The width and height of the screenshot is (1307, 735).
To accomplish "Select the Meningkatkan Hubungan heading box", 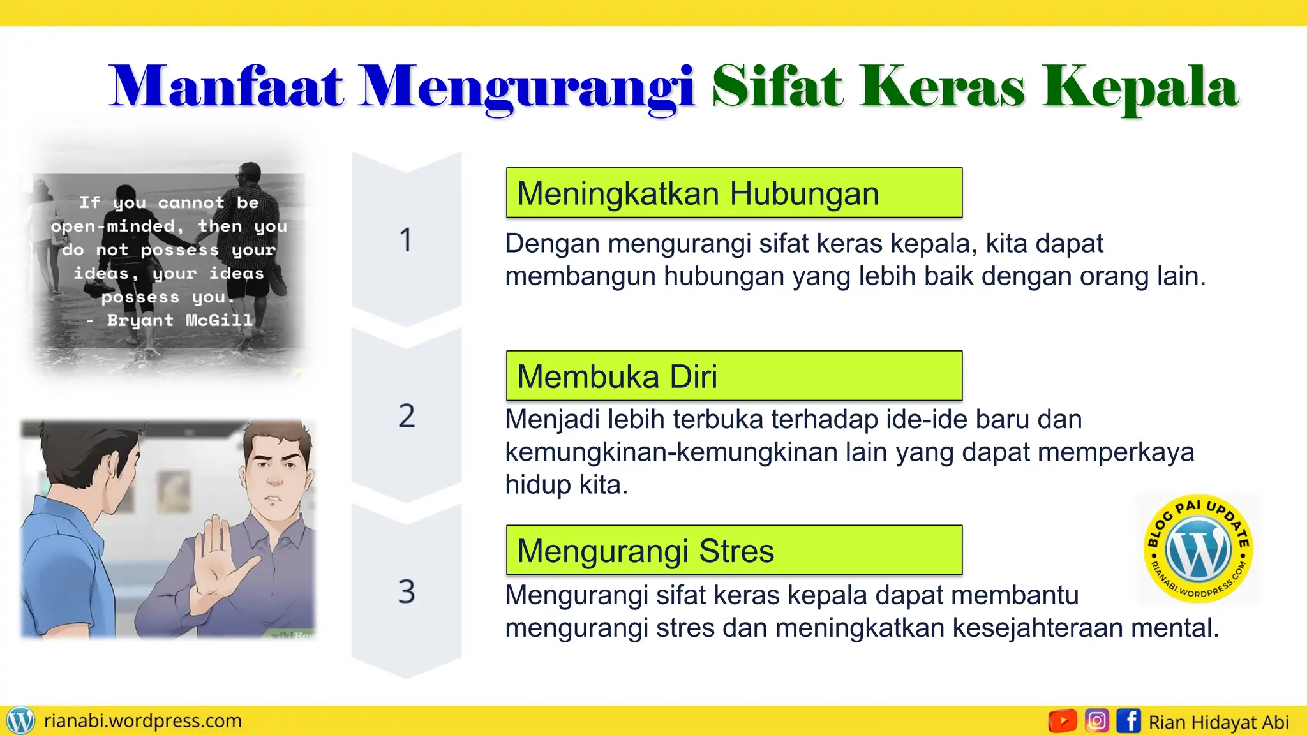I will pos(733,193).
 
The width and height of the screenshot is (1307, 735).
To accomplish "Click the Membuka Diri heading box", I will pos(733,376).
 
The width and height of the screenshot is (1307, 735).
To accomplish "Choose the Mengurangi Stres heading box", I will pos(733,551).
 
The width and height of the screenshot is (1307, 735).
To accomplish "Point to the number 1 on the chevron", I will pos(406,241).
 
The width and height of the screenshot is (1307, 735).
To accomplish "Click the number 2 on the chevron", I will pos(407,416).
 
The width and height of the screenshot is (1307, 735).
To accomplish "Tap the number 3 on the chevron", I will pos(407,591).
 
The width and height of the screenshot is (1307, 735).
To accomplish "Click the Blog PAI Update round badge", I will pos(1198,549).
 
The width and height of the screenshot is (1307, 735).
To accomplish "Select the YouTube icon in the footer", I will pos(1063,721).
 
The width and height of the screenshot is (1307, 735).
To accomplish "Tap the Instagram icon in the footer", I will pos(1096,721).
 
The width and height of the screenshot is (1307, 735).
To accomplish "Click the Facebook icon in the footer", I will pos(1129,721).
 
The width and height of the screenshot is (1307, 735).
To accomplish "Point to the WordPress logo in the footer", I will pos(20,721).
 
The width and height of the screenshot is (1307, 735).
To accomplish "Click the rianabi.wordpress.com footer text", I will pos(143,721).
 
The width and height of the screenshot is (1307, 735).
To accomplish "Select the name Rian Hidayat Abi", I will pos(1218,722).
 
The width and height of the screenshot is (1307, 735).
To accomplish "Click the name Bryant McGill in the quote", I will pos(179,320).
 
